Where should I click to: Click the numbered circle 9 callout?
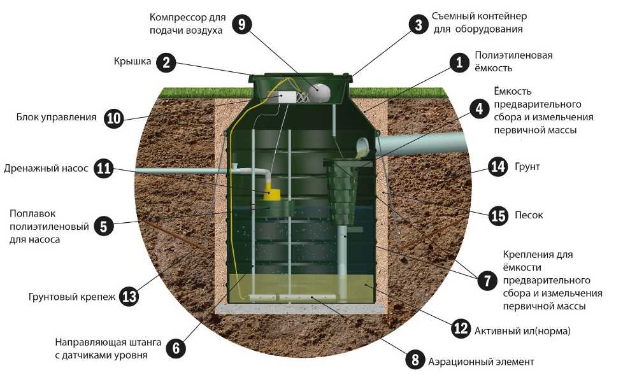(x=241, y=24)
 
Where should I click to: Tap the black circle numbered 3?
(x=419, y=25)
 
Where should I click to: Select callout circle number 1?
(x=459, y=62)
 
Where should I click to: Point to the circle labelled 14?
(x=497, y=166)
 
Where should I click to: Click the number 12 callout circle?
(x=461, y=328)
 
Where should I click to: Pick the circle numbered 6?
(x=176, y=348)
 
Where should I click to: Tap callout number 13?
(x=129, y=296)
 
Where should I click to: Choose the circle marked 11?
(x=103, y=168)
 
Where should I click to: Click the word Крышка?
(x=132, y=61)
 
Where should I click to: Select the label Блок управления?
(x=57, y=117)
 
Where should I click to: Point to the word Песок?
(x=529, y=215)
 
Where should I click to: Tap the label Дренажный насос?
(x=46, y=169)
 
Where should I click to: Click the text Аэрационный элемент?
(x=481, y=361)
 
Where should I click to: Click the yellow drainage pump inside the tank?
(x=271, y=192)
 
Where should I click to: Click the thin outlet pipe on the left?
(x=180, y=171)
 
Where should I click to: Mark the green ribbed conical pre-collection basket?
(x=344, y=191)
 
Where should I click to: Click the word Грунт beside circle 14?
(x=527, y=167)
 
